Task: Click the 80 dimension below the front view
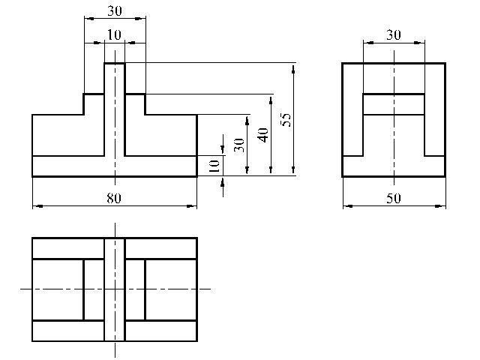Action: (114, 198)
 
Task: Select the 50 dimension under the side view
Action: (393, 198)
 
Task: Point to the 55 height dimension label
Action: (286, 120)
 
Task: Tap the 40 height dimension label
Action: (263, 135)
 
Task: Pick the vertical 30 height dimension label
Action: (239, 145)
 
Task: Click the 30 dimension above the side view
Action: (393, 35)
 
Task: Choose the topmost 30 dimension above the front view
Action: (115, 11)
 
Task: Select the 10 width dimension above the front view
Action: (114, 35)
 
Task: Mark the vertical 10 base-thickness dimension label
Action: (214, 166)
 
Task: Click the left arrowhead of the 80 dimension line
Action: (37, 206)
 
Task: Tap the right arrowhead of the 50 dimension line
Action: (441, 206)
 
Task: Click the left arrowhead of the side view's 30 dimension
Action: (367, 43)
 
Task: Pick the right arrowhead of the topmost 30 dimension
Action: (141, 18)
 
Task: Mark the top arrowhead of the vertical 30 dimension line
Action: (247, 120)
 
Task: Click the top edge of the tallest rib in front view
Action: (115, 63)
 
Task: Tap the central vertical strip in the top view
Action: (115, 289)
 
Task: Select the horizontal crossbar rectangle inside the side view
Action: (394, 104)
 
